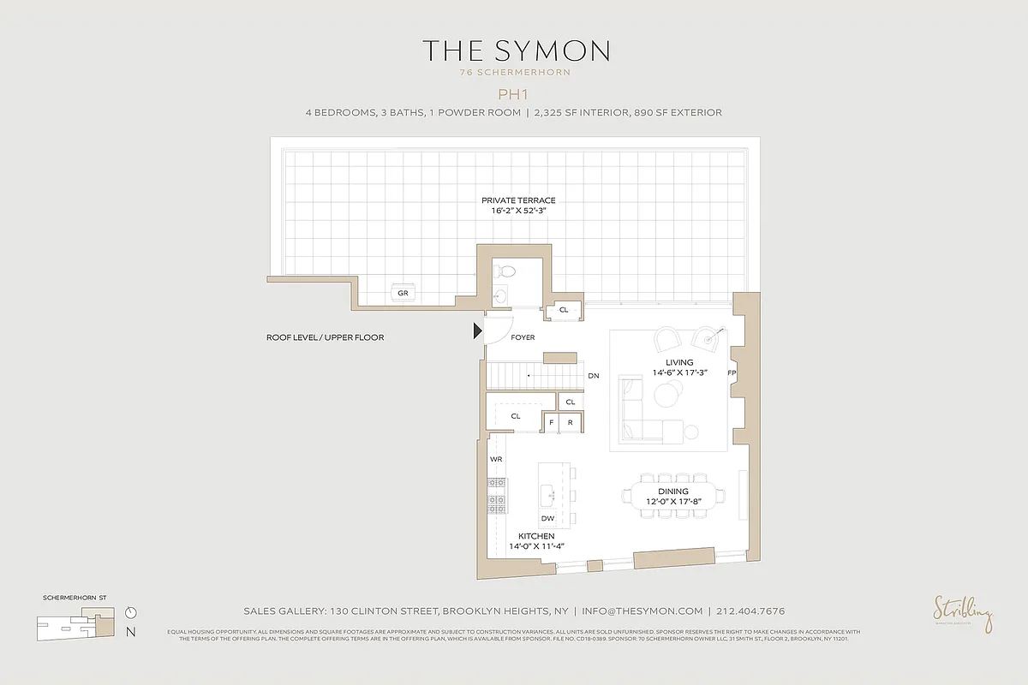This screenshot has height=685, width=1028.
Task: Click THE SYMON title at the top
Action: pos(515,51)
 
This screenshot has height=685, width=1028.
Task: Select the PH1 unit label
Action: pos(514,93)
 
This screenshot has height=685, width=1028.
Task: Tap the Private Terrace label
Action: pos(512,200)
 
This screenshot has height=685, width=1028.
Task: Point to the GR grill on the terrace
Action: pos(403,293)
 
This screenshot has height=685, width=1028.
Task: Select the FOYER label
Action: pos(523,337)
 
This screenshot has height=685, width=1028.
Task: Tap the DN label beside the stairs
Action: pos(593,376)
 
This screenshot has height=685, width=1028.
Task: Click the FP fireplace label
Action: pos(732,374)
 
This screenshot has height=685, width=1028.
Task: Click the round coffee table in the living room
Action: pos(666,395)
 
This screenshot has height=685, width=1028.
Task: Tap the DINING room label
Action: pos(673,491)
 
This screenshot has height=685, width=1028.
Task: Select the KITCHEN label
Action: pos(536,536)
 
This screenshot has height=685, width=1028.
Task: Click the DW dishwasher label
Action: pos(547,518)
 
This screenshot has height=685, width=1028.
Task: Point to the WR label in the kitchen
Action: pos(496,460)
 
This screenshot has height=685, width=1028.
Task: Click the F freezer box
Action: pos(552,422)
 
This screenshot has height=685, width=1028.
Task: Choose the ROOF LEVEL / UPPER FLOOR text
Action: pos(325,337)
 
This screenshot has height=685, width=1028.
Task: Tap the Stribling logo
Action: pos(964,613)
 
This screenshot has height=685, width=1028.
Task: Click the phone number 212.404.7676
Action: pos(751,611)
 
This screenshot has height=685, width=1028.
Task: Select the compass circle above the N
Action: pos(130,613)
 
